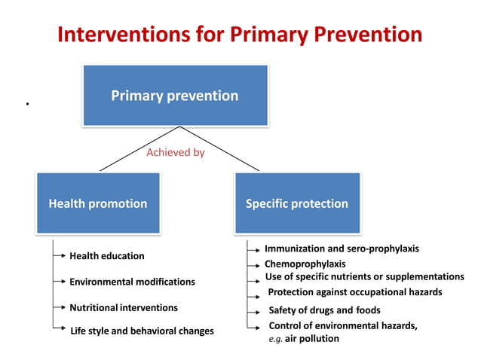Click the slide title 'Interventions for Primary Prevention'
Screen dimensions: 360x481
pos(240,35)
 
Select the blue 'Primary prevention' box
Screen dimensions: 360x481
pos(175,96)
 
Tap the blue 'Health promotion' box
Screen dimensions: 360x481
pos(98,203)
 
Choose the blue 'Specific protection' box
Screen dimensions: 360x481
pos(297,203)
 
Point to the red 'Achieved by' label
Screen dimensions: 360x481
pos(175,152)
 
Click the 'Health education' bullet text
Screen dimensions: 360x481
pos(106,256)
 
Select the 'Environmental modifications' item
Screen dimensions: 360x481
pos(132,282)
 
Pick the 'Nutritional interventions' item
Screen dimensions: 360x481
pos(124,307)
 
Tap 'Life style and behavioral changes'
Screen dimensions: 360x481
pos(142,331)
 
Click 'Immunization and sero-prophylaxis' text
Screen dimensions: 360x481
pos(342,249)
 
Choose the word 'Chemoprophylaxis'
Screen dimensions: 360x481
pos(305,264)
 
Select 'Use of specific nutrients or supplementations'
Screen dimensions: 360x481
pos(365,276)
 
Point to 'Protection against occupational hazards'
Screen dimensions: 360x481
pos(355,292)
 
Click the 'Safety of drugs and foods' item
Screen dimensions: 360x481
pos(324,310)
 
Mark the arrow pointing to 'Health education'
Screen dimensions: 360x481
pos(60,256)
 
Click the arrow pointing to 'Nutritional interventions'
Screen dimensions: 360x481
pos(60,307)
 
